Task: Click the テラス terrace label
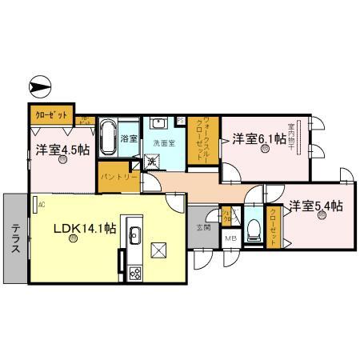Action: [x=15, y=238]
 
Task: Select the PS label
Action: [x=180, y=121]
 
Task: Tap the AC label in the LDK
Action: [x=39, y=205]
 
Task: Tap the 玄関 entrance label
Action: [x=204, y=228]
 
